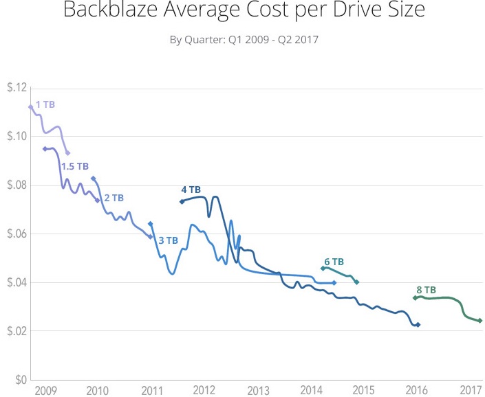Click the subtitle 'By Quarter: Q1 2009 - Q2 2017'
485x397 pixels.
[x=244, y=39]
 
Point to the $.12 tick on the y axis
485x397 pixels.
[x=17, y=88]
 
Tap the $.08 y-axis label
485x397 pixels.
[x=17, y=185]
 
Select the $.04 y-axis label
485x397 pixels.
[x=17, y=282]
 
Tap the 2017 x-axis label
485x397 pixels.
[x=471, y=391]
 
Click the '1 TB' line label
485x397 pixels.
[x=45, y=104]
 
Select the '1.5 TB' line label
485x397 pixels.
[x=75, y=166]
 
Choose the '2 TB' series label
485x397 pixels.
[x=114, y=198]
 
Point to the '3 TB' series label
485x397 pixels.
[x=169, y=240]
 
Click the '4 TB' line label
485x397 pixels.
[x=191, y=189]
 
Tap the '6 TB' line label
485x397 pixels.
[x=334, y=262]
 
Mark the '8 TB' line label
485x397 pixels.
[x=426, y=290]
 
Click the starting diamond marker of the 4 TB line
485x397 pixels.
[x=182, y=201]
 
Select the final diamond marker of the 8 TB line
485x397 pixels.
[x=479, y=321]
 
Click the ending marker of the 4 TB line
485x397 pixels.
[x=418, y=325]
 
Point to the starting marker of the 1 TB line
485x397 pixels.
[x=31, y=107]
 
